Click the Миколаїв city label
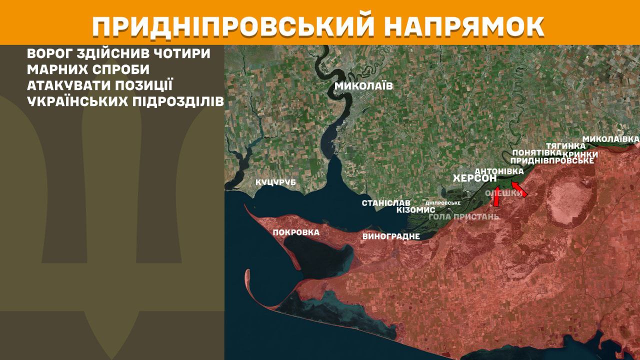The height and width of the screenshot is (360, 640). [363, 86]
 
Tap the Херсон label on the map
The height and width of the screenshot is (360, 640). [474, 178]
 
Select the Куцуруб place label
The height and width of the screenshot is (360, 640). [275, 182]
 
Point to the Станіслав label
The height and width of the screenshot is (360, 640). [386, 203]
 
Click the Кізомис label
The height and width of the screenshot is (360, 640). [415, 210]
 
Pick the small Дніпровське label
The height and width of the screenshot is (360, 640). [442, 203]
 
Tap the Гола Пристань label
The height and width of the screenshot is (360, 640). [464, 216]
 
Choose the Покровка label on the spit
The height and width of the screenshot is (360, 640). [296, 232]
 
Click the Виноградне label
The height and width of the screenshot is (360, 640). [391, 236]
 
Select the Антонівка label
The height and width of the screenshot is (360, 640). [498, 171]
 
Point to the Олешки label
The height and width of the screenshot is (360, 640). [504, 193]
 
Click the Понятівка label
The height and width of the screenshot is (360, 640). [533, 152]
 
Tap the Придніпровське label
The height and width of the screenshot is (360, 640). [552, 160]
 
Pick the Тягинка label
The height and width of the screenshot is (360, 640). [565, 145]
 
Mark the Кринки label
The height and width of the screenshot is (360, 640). [580, 154]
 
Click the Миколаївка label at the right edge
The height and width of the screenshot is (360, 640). [611, 138]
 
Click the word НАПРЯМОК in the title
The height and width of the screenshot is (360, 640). [465, 26]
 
